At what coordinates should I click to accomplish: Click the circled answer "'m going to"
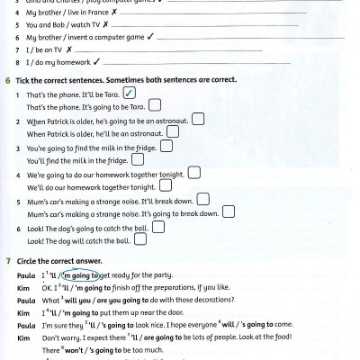[x=77, y=274]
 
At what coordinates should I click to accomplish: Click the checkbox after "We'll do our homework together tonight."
[x=164, y=186]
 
